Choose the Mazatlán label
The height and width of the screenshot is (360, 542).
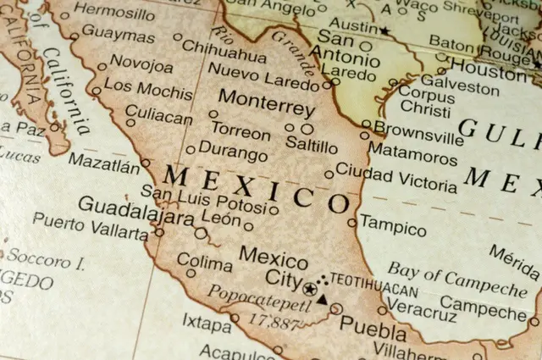(103, 160)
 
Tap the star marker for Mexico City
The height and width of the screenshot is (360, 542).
(308, 289)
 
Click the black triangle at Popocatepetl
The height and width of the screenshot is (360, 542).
(321, 299)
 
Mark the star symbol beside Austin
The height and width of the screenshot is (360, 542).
(384, 31)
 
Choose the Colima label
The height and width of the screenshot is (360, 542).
(204, 263)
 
